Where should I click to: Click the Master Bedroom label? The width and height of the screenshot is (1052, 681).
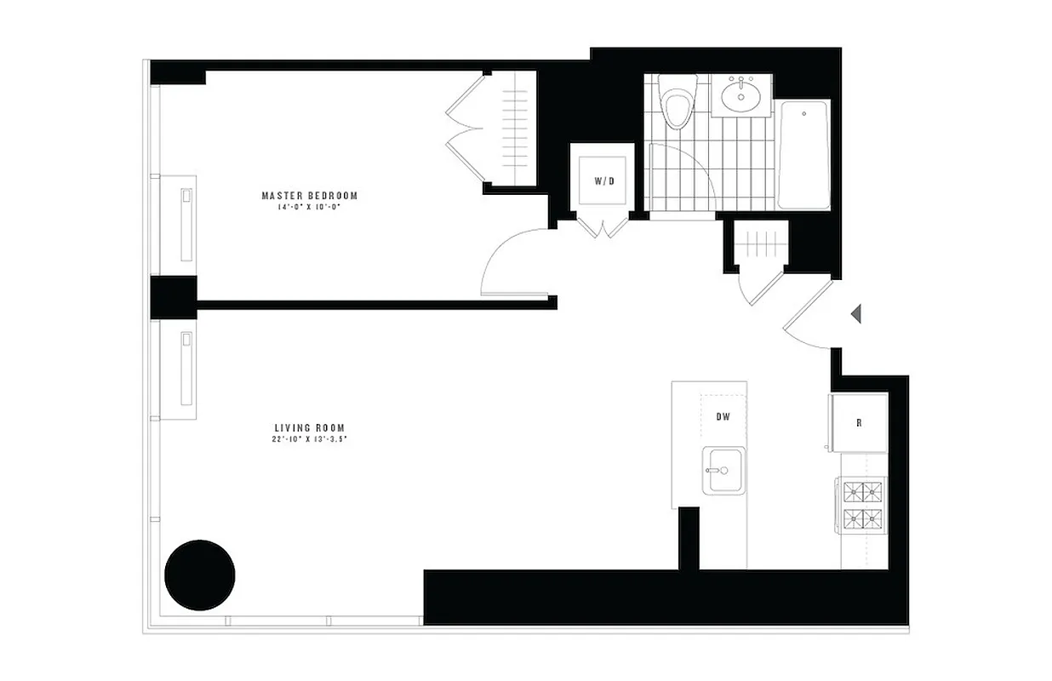309,196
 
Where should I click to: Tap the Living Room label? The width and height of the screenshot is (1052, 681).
309,427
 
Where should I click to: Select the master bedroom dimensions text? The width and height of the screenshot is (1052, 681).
309,207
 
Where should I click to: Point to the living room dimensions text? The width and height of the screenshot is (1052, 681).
311,439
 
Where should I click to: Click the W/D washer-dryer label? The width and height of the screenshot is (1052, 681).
603,181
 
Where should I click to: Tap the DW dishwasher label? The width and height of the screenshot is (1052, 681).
723,417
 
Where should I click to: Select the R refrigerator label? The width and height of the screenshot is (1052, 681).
859,422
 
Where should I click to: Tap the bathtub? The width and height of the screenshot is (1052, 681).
803,155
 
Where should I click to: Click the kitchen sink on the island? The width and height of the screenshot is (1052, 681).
723,470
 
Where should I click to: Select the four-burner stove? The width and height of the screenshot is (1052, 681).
863,506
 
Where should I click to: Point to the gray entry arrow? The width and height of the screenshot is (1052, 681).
856,314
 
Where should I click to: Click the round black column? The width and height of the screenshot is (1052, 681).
199,575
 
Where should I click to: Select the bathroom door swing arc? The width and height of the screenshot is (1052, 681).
681,170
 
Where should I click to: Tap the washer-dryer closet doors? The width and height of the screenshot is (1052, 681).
603,227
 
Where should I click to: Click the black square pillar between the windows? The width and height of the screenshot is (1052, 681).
174,297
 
